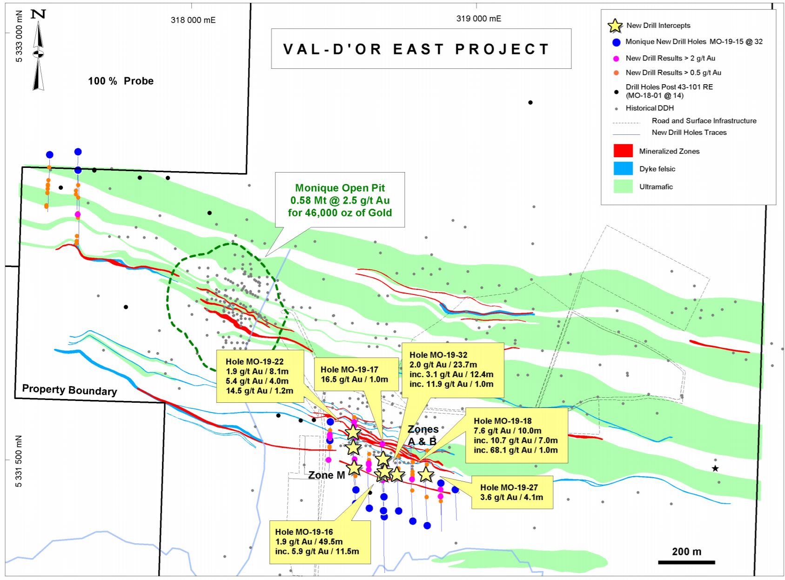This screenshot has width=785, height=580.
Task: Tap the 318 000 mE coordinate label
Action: click(193, 20)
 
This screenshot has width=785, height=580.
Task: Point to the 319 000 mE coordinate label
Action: click(478, 19)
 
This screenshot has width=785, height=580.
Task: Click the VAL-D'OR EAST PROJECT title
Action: click(416, 49)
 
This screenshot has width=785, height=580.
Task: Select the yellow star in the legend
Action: click(615, 26)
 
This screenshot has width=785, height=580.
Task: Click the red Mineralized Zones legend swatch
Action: click(623, 151)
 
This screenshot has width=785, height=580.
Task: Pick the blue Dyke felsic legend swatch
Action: click(623, 169)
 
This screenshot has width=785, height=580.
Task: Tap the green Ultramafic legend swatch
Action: click(623, 187)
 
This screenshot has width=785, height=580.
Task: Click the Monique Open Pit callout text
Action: click(340, 200)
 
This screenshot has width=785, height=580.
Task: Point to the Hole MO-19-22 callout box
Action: click(260, 376)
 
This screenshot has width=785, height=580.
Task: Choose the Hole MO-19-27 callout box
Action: click(511, 492)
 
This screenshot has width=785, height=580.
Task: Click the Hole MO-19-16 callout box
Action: click(320, 541)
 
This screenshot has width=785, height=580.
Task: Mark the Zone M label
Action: click(327, 475)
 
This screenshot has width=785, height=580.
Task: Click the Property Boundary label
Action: click(69, 390)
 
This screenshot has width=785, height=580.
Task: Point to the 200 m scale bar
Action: click(686, 562)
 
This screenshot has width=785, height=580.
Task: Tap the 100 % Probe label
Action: click(121, 81)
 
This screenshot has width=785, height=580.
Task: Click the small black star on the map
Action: click(715, 468)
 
